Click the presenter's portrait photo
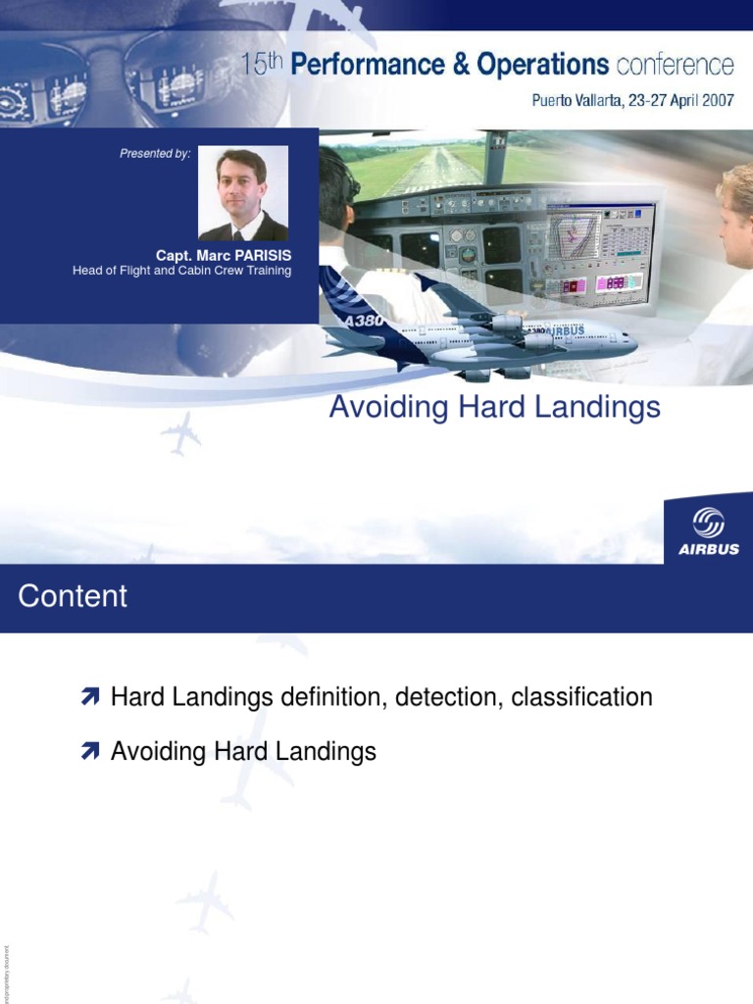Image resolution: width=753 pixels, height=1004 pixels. [x=243, y=193]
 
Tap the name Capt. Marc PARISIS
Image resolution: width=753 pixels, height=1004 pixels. [x=224, y=256]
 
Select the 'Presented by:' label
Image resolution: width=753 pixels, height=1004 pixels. [x=155, y=153]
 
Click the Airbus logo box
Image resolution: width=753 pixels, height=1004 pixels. [x=709, y=530]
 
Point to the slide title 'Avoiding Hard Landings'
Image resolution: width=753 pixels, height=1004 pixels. [x=494, y=407]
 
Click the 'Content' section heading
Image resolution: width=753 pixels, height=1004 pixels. [x=73, y=596]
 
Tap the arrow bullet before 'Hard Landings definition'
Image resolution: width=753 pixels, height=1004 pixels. [x=91, y=698]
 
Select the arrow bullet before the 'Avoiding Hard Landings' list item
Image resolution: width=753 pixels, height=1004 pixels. [x=91, y=753]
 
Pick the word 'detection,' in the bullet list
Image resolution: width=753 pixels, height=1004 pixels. [x=449, y=698]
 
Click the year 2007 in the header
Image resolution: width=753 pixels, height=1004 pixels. [x=714, y=100]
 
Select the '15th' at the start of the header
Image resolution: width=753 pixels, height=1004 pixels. [x=263, y=65]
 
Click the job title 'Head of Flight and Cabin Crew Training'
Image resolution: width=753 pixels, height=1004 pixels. [x=182, y=271]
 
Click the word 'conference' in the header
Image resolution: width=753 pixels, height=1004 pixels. [x=675, y=66]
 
